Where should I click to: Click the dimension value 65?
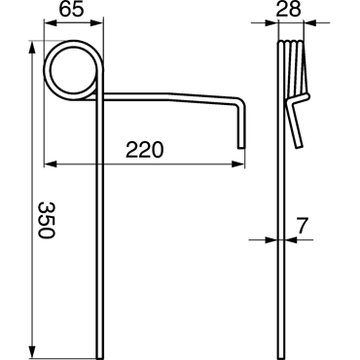pyautogui.click(x=71, y=10)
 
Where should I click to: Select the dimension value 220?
pyautogui.click(x=145, y=150)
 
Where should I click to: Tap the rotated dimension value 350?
pyautogui.click(x=46, y=220)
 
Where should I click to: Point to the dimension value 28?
pyautogui.click(x=288, y=10)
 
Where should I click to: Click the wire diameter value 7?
pyautogui.click(x=302, y=226)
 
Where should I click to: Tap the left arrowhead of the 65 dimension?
pyautogui.click(x=51, y=23)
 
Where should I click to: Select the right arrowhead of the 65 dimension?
pyautogui.click(x=96, y=23)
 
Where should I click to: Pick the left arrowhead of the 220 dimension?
pyautogui.click(x=51, y=164)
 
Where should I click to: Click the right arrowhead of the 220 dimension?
pyautogui.click(x=237, y=164)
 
